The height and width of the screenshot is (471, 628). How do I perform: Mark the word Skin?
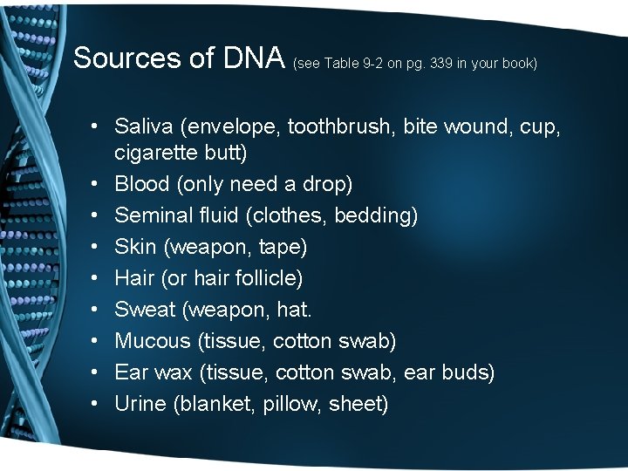[x=135, y=247]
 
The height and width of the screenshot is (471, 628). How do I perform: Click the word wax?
[x=174, y=372]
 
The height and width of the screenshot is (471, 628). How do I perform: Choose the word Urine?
[x=140, y=404]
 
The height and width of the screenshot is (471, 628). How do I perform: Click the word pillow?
[x=292, y=405]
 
